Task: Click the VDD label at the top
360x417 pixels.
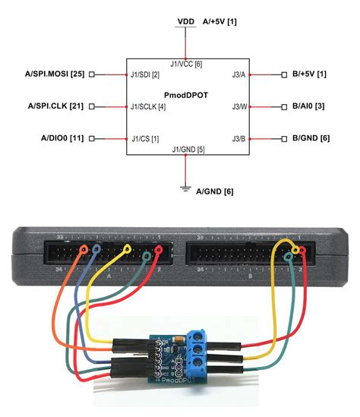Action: point(185,21)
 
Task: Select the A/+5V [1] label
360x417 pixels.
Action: point(217,21)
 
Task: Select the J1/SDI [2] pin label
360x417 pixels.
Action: point(145,74)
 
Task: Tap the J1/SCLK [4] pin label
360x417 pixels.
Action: point(148,106)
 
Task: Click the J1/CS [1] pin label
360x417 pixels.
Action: point(144,138)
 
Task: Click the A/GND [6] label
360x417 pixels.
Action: point(215,191)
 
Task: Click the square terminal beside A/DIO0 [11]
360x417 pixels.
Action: point(92,138)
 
